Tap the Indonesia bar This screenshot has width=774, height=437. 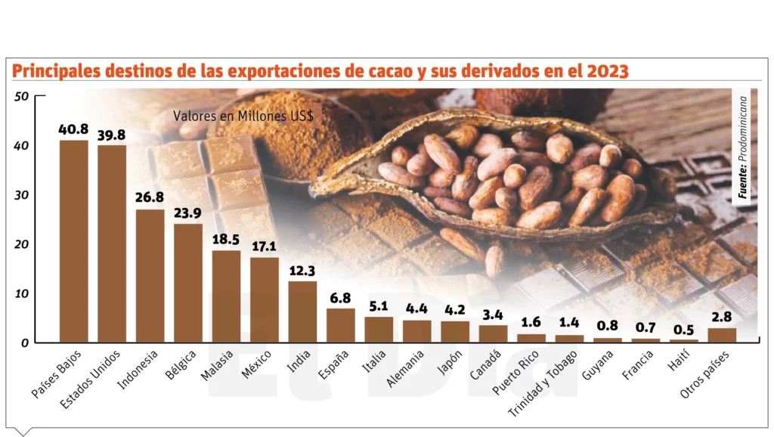[x=150, y=275]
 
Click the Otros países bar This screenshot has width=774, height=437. [x=722, y=334]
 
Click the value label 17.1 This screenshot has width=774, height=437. [x=265, y=246]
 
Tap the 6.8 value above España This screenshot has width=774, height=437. [x=340, y=297]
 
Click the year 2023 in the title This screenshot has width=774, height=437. [x=602, y=72]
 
